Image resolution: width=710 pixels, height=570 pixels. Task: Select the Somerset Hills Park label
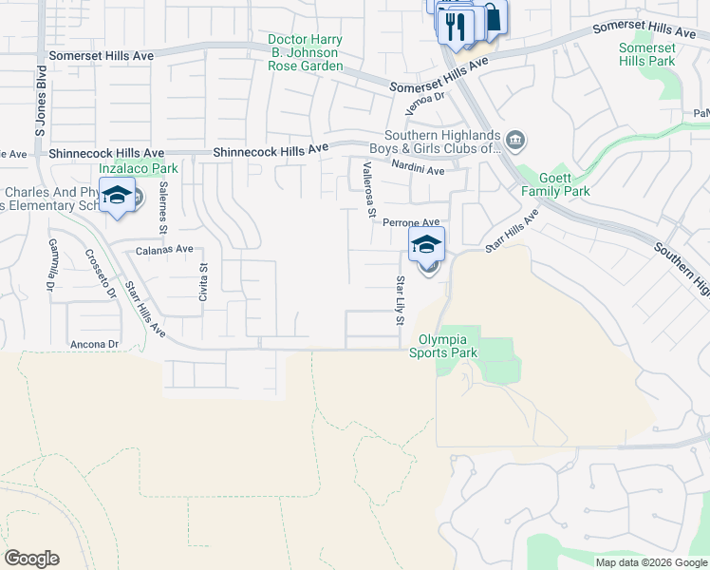click(646, 54)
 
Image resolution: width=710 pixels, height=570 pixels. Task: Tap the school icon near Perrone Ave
click(426, 244)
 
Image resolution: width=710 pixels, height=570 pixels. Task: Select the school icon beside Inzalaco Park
click(117, 197)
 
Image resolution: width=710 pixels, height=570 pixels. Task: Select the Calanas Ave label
click(164, 249)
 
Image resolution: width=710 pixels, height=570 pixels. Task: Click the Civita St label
click(202, 282)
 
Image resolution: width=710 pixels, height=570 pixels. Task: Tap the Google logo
click(31, 559)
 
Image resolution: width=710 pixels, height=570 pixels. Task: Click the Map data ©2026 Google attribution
click(650, 562)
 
